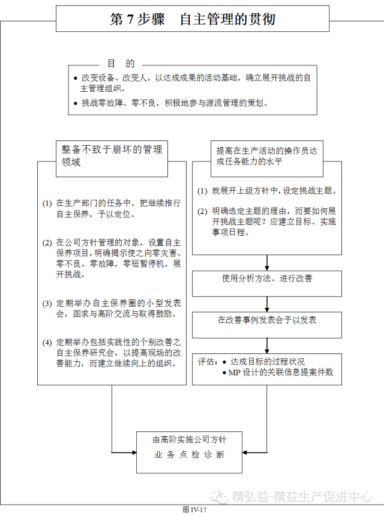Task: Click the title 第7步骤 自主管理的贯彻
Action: (x=193, y=19)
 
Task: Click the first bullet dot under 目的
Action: (x=75, y=79)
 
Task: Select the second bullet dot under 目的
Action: (x=75, y=103)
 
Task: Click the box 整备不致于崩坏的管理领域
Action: (x=112, y=155)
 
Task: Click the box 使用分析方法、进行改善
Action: (x=267, y=279)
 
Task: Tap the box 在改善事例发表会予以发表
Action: (x=267, y=320)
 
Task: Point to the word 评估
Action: (x=206, y=362)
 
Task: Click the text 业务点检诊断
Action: (x=188, y=454)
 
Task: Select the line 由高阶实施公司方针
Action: (x=188, y=439)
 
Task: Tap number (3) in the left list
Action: (x=47, y=303)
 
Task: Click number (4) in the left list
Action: (x=47, y=343)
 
